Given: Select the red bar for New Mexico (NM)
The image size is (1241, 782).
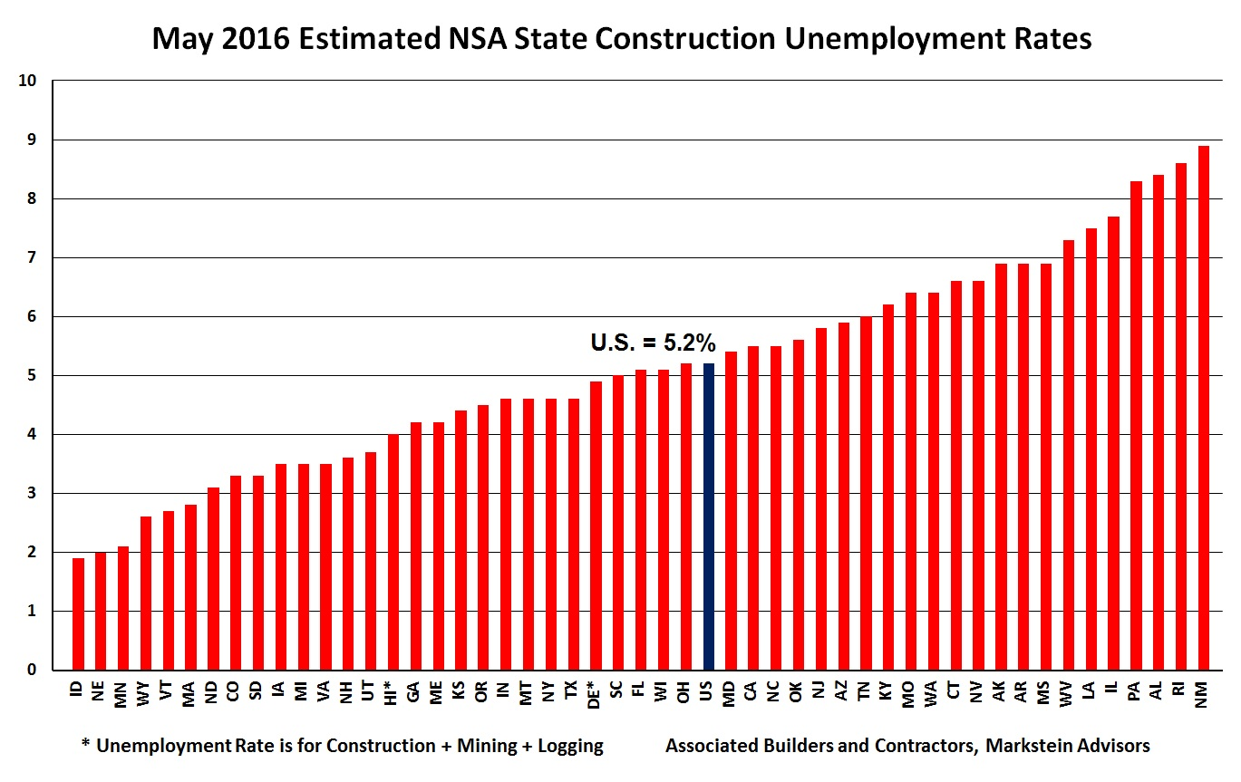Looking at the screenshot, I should tap(1203, 408).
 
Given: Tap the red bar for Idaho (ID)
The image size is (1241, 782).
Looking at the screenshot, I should tap(78, 613).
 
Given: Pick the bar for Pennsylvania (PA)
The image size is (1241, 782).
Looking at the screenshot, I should tap(1136, 426).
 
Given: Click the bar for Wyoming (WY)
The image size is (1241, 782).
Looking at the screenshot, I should tap(146, 594).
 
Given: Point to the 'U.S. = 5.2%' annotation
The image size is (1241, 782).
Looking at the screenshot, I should tap(653, 343).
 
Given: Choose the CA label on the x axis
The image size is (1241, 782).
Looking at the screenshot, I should tap(751, 692).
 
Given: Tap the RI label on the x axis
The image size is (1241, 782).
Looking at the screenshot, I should tap(1179, 690).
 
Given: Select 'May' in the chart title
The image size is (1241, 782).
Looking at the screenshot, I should tap(179, 39).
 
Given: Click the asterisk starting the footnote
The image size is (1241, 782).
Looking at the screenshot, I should tap(86, 745).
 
